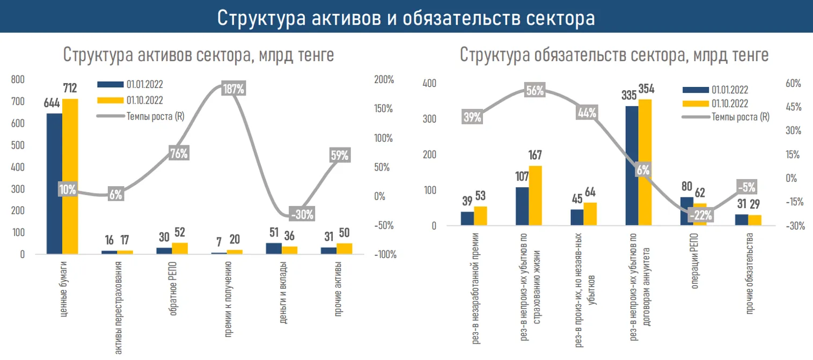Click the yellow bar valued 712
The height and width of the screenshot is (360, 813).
(70, 177)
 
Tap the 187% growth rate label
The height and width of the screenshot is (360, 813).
(233, 89)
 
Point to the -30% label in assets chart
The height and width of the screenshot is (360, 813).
(302, 214)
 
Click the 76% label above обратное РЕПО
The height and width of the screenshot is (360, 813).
(179, 153)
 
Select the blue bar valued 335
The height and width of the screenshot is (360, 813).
(632, 166)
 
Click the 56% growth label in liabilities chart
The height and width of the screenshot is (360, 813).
(535, 91)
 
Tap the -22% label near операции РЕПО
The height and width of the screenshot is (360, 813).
(700, 215)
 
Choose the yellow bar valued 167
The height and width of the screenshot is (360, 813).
(535, 195)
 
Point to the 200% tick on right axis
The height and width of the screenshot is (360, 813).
(384, 79)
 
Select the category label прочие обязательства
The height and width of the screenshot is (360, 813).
(750, 281)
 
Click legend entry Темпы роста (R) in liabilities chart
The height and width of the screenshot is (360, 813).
(740, 117)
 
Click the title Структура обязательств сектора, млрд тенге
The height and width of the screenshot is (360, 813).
(614, 55)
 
